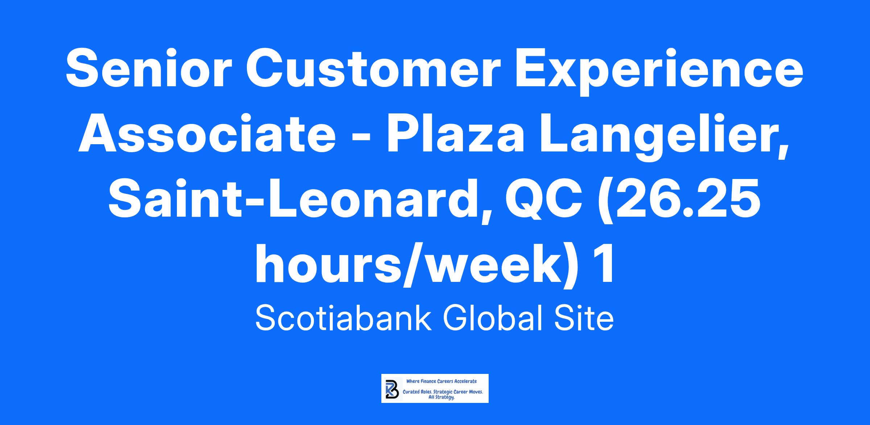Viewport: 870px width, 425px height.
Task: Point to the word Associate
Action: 207,134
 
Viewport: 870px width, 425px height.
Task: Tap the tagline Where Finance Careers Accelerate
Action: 442,381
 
